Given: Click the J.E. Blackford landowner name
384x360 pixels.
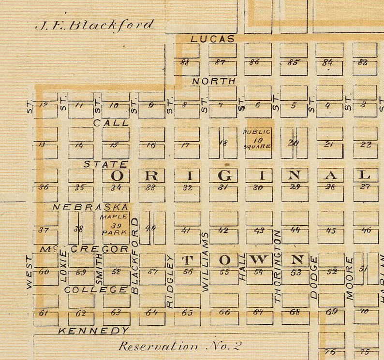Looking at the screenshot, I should pos(94,25).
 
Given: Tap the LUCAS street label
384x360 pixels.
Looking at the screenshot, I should pos(212,39).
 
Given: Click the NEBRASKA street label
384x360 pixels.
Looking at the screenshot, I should pos(90,206).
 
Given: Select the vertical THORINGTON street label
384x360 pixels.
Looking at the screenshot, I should pos(278,266).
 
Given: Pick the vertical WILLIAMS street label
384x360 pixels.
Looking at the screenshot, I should pos(205,261).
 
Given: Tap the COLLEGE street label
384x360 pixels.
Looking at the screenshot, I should pos(96,290).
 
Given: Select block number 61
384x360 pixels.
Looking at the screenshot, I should pos(44,313).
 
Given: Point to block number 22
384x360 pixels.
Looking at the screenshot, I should pos(366,144).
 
